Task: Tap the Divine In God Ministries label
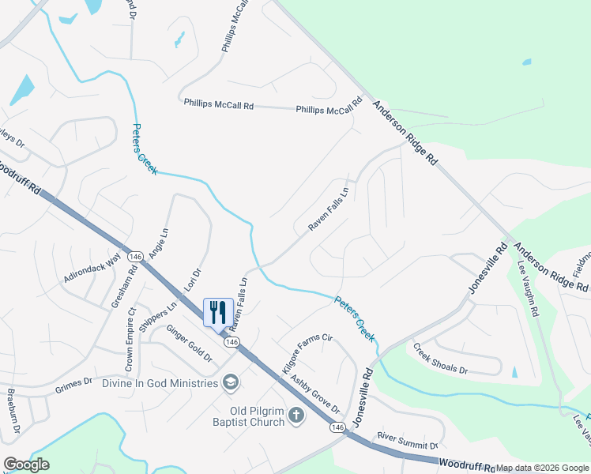[160, 383]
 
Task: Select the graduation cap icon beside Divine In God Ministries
[232, 383]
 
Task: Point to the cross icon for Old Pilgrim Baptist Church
[296, 415]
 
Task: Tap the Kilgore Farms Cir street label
[307, 348]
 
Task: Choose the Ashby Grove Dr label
[314, 394]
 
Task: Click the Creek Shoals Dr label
[441, 359]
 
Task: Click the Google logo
[26, 465]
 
